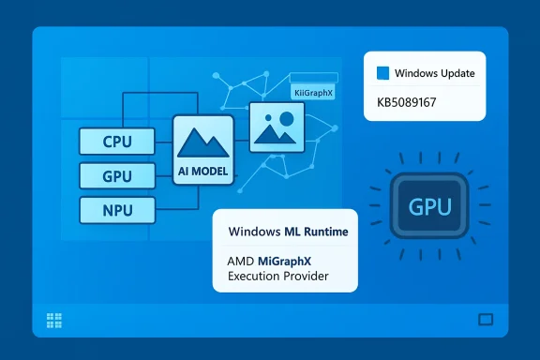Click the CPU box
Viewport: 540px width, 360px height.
pos(117,142)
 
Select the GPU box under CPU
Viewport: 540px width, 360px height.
pos(117,175)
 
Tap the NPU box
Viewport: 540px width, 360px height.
pos(117,208)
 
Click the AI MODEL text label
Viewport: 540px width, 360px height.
pos(203,172)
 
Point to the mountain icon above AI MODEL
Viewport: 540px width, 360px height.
pos(203,143)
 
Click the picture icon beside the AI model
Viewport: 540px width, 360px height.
pos(277,126)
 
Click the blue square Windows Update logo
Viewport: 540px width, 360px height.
pos(382,73)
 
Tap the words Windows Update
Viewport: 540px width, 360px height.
pos(433,73)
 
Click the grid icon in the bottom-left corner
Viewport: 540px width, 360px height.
pos(53,320)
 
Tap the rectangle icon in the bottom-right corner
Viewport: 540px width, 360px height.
pos(486,320)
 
